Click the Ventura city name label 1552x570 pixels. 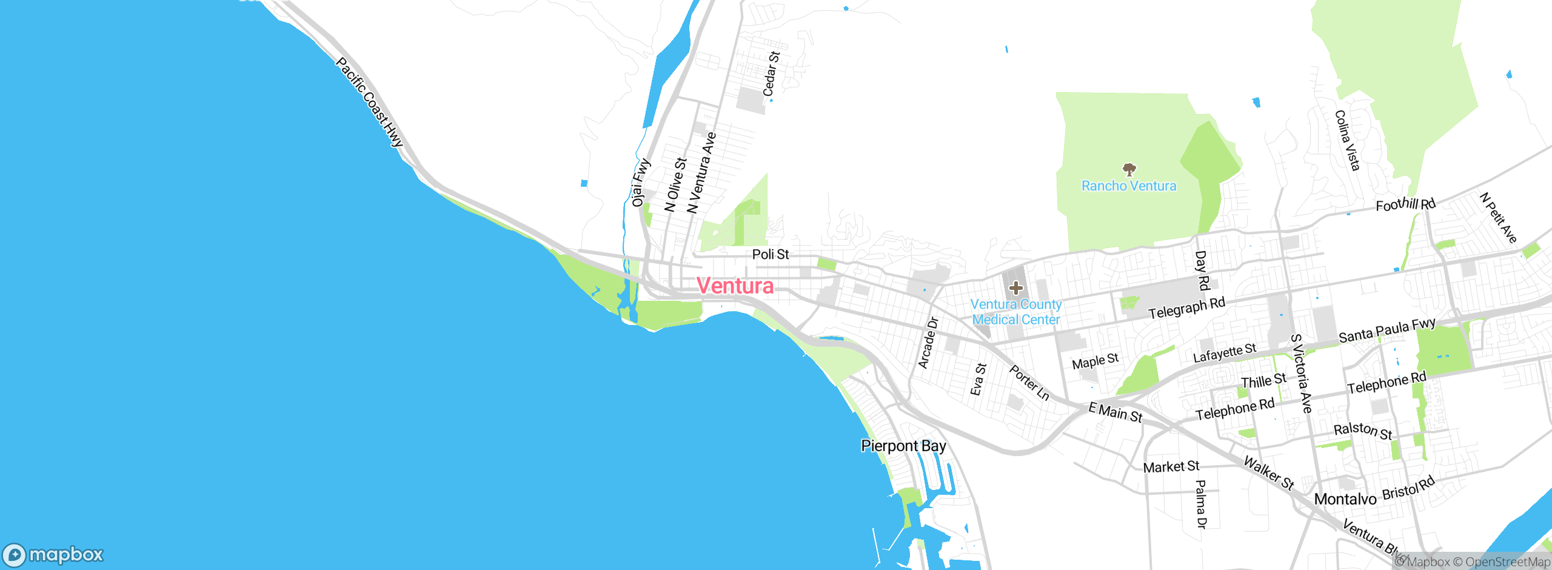click(735, 286)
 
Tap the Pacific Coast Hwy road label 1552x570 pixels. click(369, 102)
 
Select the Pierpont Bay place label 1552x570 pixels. click(903, 446)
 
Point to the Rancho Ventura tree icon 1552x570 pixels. click(1129, 169)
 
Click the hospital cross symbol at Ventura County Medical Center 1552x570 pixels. click(1016, 288)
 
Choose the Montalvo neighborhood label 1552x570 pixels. click(1345, 499)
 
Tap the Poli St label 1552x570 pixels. click(771, 255)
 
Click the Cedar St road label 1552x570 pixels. click(771, 74)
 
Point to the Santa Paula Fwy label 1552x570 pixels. click(1386, 330)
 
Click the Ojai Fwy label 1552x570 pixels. click(640, 183)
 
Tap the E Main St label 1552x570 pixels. click(1115, 412)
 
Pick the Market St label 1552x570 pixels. click(1171, 467)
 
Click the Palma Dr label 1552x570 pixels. click(1201, 504)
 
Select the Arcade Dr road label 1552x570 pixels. click(928, 343)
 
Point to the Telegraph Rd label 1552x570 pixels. click(1186, 308)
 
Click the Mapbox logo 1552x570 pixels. click(53, 555)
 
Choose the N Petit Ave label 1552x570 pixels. click(1498, 218)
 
